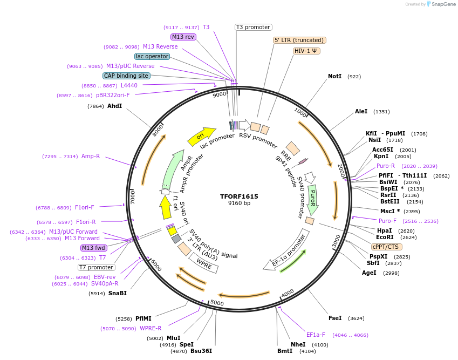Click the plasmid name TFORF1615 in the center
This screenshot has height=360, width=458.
click(239, 196)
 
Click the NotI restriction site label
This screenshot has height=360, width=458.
click(334, 77)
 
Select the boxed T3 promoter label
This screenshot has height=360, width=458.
click(254, 27)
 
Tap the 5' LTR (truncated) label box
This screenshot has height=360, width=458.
click(299, 40)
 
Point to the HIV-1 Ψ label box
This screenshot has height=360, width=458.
click(306, 51)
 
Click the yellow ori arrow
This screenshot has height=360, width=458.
click(201, 137)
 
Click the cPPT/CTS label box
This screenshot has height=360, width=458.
click(385, 247)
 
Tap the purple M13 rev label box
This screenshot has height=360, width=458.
click(183, 37)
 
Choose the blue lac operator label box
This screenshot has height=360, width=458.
click(152, 56)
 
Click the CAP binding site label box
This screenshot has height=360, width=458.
click(126, 76)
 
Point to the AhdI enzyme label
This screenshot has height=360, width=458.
click(114, 106)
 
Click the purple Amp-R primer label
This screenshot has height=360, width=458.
click(91, 156)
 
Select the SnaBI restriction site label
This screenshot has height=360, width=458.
click(117, 293)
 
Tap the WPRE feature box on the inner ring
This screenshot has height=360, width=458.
click(203, 263)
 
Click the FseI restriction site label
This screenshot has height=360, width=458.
click(335, 318)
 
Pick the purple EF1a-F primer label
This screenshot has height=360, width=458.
click(316, 335)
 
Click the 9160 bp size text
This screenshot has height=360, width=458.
click(239, 203)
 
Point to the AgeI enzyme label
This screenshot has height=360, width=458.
click(369, 273)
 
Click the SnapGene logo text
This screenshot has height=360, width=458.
click(443, 4)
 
